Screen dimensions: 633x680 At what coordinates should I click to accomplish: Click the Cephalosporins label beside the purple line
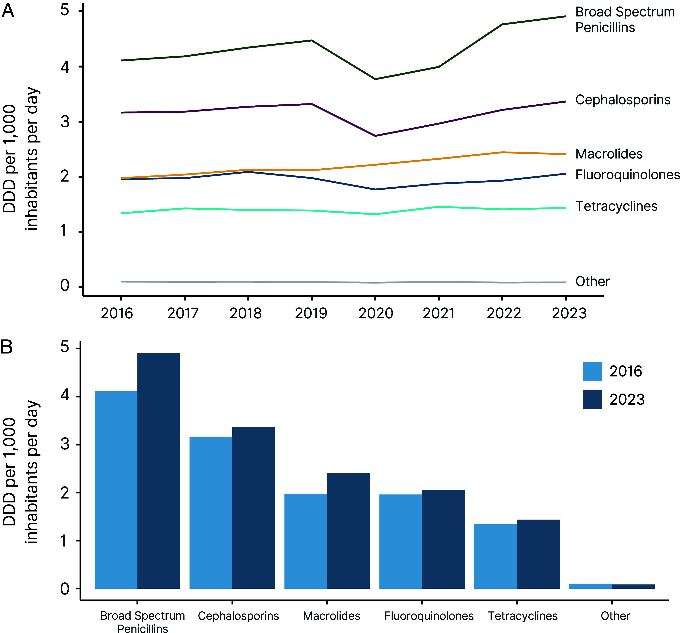[622, 100]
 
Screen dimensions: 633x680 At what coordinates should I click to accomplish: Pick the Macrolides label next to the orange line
[609, 154]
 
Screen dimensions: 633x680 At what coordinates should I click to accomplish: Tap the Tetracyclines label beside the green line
[616, 206]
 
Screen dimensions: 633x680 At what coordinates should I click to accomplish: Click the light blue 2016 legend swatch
[592, 371]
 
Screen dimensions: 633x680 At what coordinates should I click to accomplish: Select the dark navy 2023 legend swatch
[592, 399]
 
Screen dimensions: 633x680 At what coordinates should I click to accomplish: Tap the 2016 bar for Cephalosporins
[211, 513]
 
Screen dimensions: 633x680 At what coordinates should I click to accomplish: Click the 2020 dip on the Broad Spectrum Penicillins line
[376, 79]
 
